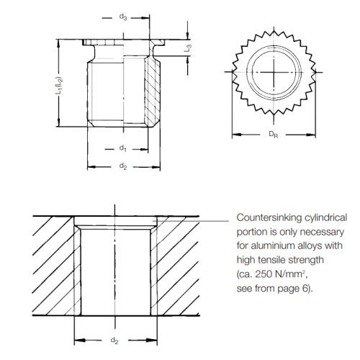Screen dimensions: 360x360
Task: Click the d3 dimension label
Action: click(123, 16)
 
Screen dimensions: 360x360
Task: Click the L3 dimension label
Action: click(187, 49)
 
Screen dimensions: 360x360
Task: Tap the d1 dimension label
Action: click(123, 148)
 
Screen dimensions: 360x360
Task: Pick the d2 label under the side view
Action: click(123, 167)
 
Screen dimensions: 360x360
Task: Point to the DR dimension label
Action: click(274, 135)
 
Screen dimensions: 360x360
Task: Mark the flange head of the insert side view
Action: click(119, 42)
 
